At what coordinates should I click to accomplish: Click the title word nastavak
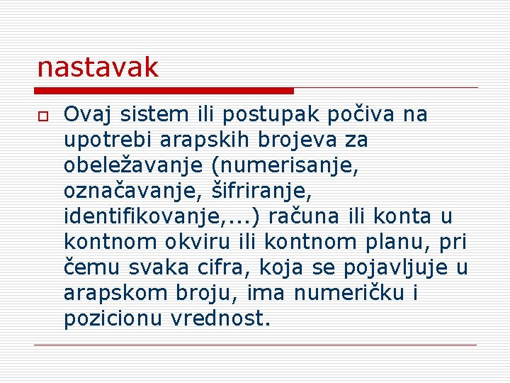98,68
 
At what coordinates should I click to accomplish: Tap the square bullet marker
42,116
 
